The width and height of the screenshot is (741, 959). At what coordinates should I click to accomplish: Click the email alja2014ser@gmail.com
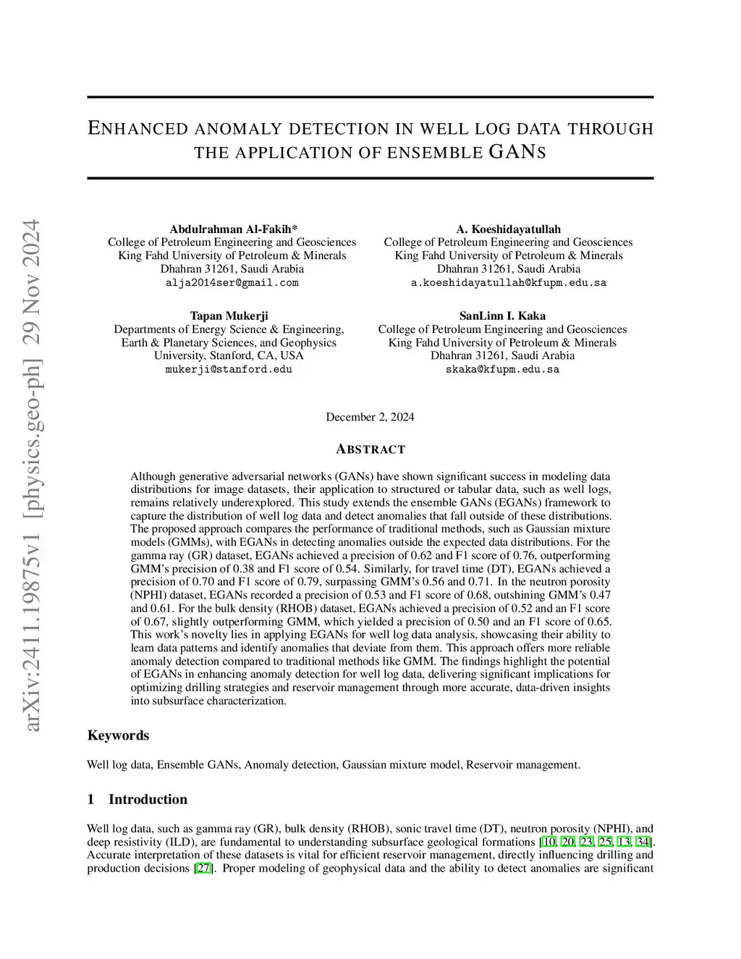tap(232, 283)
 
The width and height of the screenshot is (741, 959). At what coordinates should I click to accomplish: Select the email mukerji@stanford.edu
tap(229, 369)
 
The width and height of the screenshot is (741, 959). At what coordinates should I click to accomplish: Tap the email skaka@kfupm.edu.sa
tap(502, 369)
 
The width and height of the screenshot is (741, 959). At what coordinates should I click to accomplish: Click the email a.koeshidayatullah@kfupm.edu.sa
tap(508, 283)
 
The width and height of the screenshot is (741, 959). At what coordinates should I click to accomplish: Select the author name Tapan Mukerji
tap(229, 316)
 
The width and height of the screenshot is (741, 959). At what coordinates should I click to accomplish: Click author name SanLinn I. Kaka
tap(502, 316)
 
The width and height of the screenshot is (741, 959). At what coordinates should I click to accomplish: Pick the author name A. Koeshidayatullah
tap(508, 229)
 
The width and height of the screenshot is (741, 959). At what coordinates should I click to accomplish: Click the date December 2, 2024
tap(370, 417)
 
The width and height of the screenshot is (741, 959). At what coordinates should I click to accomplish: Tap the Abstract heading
tap(370, 449)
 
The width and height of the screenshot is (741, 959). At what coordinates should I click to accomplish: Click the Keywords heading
tap(118, 735)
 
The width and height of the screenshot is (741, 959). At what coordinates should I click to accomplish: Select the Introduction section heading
tap(148, 799)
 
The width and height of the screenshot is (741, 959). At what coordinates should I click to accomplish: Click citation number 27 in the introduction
tap(204, 869)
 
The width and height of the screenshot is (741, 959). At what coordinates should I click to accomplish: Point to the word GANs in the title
tap(517, 152)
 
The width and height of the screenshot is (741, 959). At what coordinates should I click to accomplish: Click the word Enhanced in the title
tap(137, 129)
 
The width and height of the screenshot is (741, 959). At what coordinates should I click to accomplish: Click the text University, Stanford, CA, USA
tap(229, 356)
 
